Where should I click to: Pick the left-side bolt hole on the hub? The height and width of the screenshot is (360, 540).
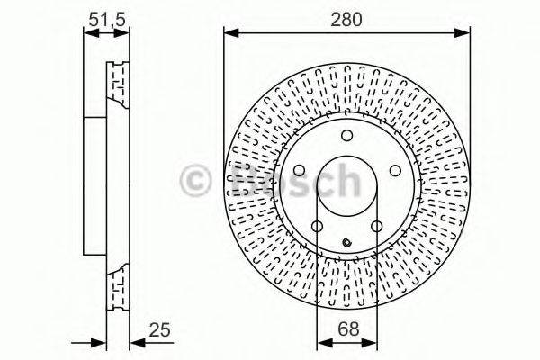(300, 170)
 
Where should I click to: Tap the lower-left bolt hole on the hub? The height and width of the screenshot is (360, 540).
(318, 226)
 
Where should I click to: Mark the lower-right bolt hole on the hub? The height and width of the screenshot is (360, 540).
(377, 226)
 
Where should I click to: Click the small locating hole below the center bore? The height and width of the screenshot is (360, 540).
(347, 240)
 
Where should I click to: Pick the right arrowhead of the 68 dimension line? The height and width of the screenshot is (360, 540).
(373, 342)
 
